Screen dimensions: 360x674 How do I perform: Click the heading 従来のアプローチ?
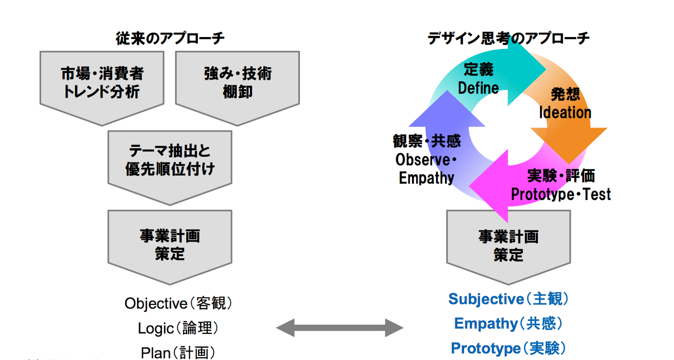coord(170,38)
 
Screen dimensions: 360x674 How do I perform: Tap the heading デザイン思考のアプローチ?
coord(508,38)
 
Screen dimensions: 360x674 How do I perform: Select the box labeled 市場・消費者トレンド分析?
coord(102,83)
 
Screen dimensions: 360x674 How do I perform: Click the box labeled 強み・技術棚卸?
coord(238,83)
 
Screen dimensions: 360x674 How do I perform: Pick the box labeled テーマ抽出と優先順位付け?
coord(170,160)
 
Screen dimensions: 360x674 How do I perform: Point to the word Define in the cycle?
coord(478,88)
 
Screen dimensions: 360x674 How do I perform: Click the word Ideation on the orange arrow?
coord(565,112)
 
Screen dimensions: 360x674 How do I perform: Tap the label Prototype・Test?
coord(560,194)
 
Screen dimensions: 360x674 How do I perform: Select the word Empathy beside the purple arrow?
coord(426,178)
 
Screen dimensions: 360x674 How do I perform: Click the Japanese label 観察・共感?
coord(426,141)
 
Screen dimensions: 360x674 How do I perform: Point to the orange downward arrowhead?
coord(569,143)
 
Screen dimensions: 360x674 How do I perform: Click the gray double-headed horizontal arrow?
coord(340,328)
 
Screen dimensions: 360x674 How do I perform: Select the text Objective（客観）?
coord(178,303)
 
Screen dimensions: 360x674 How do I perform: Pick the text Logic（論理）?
coord(178,328)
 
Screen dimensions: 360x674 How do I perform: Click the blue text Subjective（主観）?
coord(508,299)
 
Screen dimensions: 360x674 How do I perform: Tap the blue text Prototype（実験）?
coord(508,348)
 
